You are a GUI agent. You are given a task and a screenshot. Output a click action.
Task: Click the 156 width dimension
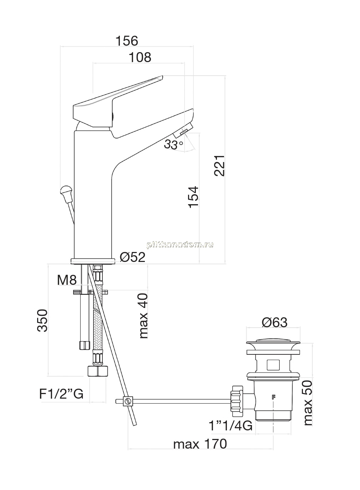click(127, 41)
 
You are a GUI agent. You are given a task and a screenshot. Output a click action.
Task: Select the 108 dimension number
click(140, 57)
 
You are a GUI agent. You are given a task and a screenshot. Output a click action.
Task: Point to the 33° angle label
click(173, 144)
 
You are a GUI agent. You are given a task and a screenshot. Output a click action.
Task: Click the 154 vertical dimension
click(194, 197)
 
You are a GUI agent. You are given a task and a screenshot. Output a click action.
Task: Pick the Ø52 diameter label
click(132, 257)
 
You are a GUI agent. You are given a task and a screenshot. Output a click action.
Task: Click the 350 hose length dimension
click(42, 321)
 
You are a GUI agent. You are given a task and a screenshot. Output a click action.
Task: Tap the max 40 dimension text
click(144, 316)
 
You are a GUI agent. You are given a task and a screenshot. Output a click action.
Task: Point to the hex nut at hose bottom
click(98, 371)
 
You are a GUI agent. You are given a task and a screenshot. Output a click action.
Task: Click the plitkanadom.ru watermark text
click(180, 245)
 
